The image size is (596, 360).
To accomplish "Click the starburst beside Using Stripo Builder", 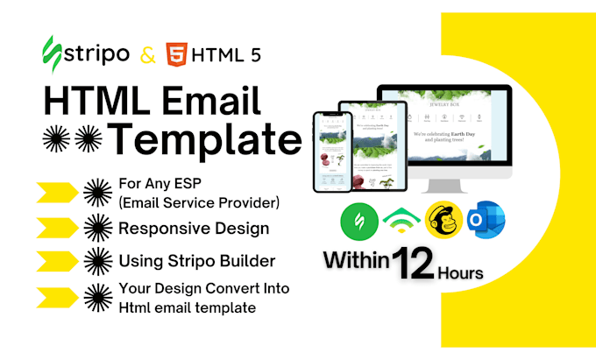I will [96, 260].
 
